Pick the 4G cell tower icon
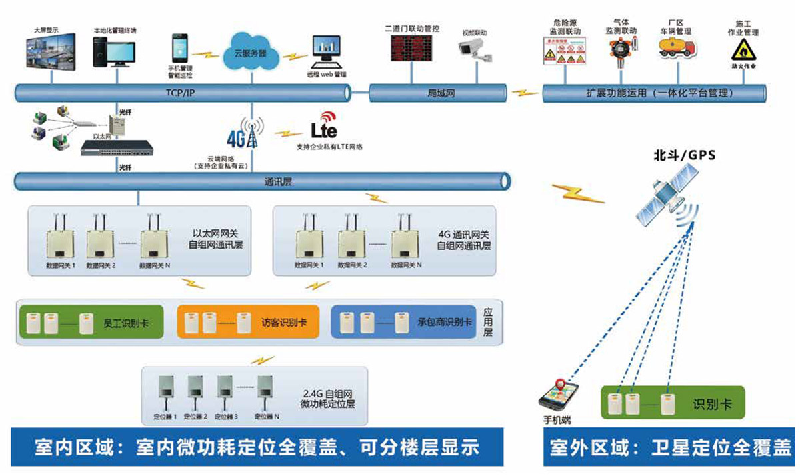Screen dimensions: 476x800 [x=251, y=135]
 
